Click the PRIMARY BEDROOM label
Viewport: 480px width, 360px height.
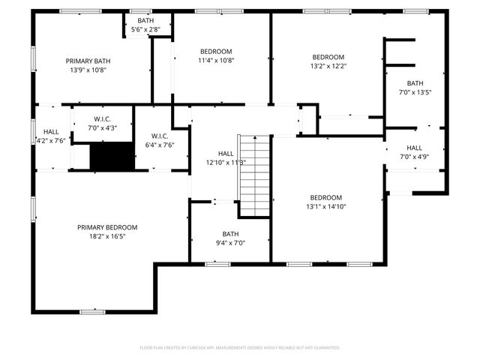point(107,227)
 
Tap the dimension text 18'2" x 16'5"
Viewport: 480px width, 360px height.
point(107,236)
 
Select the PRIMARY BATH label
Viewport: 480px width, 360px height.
point(88,61)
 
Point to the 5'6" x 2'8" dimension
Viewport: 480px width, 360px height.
point(145,29)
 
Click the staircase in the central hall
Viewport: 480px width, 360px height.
point(254,175)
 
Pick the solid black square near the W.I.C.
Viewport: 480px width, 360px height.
point(111,157)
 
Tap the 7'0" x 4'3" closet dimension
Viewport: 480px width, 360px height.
point(103,127)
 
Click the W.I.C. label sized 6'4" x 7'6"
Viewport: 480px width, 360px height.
point(159,136)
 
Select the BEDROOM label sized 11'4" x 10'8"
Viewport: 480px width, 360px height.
point(216,51)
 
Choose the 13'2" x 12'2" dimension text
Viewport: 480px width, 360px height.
point(328,66)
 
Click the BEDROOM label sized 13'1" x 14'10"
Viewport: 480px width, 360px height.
point(325,197)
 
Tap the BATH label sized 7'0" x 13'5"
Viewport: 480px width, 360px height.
point(415,83)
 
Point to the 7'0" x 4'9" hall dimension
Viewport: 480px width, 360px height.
point(415,157)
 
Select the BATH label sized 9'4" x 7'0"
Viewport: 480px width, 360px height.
point(230,233)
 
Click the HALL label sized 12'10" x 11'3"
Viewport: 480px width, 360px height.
point(226,153)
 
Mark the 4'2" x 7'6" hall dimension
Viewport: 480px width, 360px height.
point(51,140)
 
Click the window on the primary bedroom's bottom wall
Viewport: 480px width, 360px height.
point(91,311)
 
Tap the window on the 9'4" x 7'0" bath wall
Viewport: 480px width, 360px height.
point(217,263)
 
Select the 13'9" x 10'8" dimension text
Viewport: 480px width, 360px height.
point(88,70)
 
